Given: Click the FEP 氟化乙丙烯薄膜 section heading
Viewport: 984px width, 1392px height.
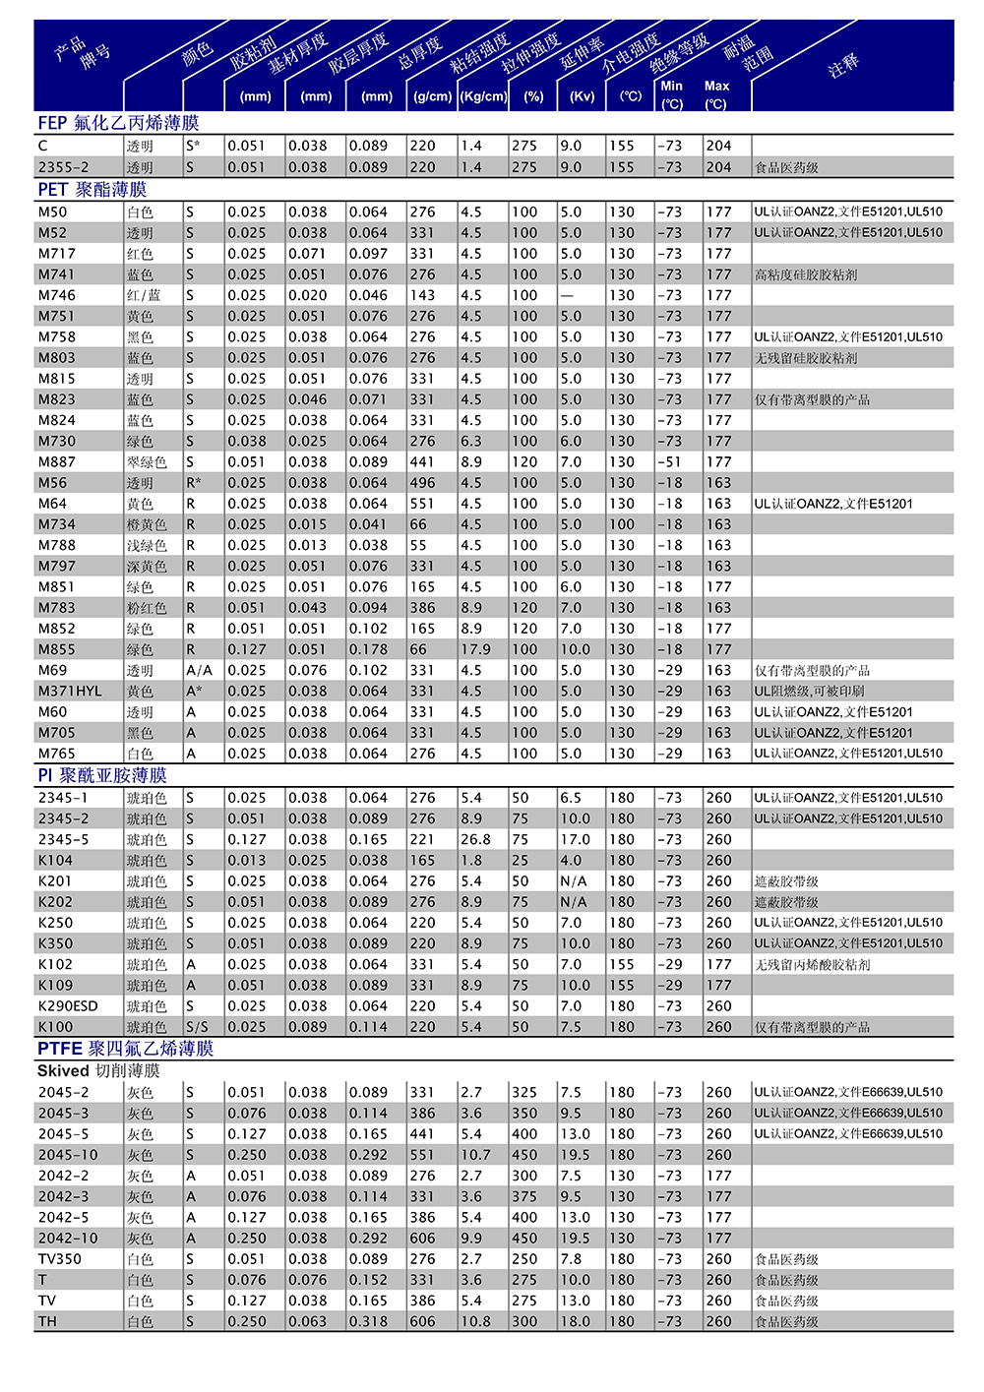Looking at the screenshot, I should point(118,123).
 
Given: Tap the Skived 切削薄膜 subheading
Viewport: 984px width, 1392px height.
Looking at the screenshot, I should point(98,1070).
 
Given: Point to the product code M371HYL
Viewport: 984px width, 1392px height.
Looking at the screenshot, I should point(70,691).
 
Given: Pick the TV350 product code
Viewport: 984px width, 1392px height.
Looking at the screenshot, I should point(60,1258).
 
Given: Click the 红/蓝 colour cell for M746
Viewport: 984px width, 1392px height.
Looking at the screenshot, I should point(143,295).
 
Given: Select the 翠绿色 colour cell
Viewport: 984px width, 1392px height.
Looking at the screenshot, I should point(147,462).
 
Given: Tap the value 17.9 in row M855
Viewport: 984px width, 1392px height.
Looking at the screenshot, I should point(475,649).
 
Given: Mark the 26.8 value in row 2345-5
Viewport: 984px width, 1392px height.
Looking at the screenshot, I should point(475,839).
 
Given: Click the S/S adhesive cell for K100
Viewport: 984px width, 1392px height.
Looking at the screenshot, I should point(197,1026).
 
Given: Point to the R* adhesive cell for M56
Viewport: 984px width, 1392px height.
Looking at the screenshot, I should point(194,483).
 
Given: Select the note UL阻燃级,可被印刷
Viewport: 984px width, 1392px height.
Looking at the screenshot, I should point(809,691).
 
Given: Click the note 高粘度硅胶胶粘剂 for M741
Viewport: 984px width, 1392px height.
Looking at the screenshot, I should point(806,274).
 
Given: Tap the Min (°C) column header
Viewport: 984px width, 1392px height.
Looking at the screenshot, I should point(672,94).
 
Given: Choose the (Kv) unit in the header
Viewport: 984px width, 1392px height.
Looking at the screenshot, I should point(583,96).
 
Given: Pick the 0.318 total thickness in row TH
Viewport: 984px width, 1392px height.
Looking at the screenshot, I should point(368,1321).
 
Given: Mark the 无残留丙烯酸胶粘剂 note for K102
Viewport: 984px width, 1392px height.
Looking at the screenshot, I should point(812,964).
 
